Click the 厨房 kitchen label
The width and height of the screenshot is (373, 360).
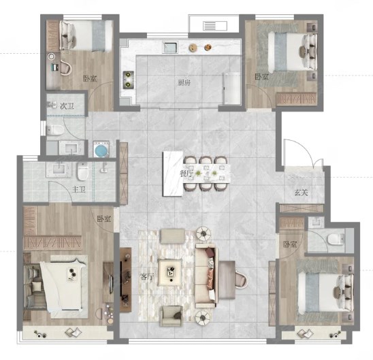pyautogui.click(x=184, y=83)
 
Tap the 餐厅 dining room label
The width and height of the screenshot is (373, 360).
pyautogui.click(x=186, y=174)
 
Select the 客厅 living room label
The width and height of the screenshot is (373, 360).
pyautogui.click(x=147, y=276)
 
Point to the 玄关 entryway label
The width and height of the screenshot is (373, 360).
pyautogui.click(x=302, y=192)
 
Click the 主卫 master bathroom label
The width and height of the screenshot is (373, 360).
pyautogui.click(x=79, y=189)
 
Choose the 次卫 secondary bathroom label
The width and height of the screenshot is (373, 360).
pyautogui.click(x=67, y=106)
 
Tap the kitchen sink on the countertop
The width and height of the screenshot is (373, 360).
pyautogui.click(x=170, y=47)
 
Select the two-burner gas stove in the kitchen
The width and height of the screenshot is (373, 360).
pyautogui.click(x=128, y=80)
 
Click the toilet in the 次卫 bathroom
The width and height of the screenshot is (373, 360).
pyautogui.click(x=55, y=130)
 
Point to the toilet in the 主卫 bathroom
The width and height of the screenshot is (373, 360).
pyautogui.click(x=82, y=171)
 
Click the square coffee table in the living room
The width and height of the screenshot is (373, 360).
pyautogui.click(x=170, y=272)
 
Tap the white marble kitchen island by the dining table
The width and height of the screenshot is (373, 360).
pyautogui.click(x=173, y=174)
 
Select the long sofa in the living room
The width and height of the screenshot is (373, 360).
pyautogui.click(x=206, y=276)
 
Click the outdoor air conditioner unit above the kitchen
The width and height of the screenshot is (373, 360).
pyautogui.click(x=215, y=26)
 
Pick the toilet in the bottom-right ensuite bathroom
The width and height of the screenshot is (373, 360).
pyautogui.click(x=336, y=240)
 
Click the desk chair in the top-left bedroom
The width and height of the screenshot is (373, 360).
pyautogui.click(x=66, y=68)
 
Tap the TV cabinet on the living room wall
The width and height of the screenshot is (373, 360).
pyautogui.click(x=125, y=280)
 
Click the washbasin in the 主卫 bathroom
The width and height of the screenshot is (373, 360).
pyautogui.click(x=59, y=169)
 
